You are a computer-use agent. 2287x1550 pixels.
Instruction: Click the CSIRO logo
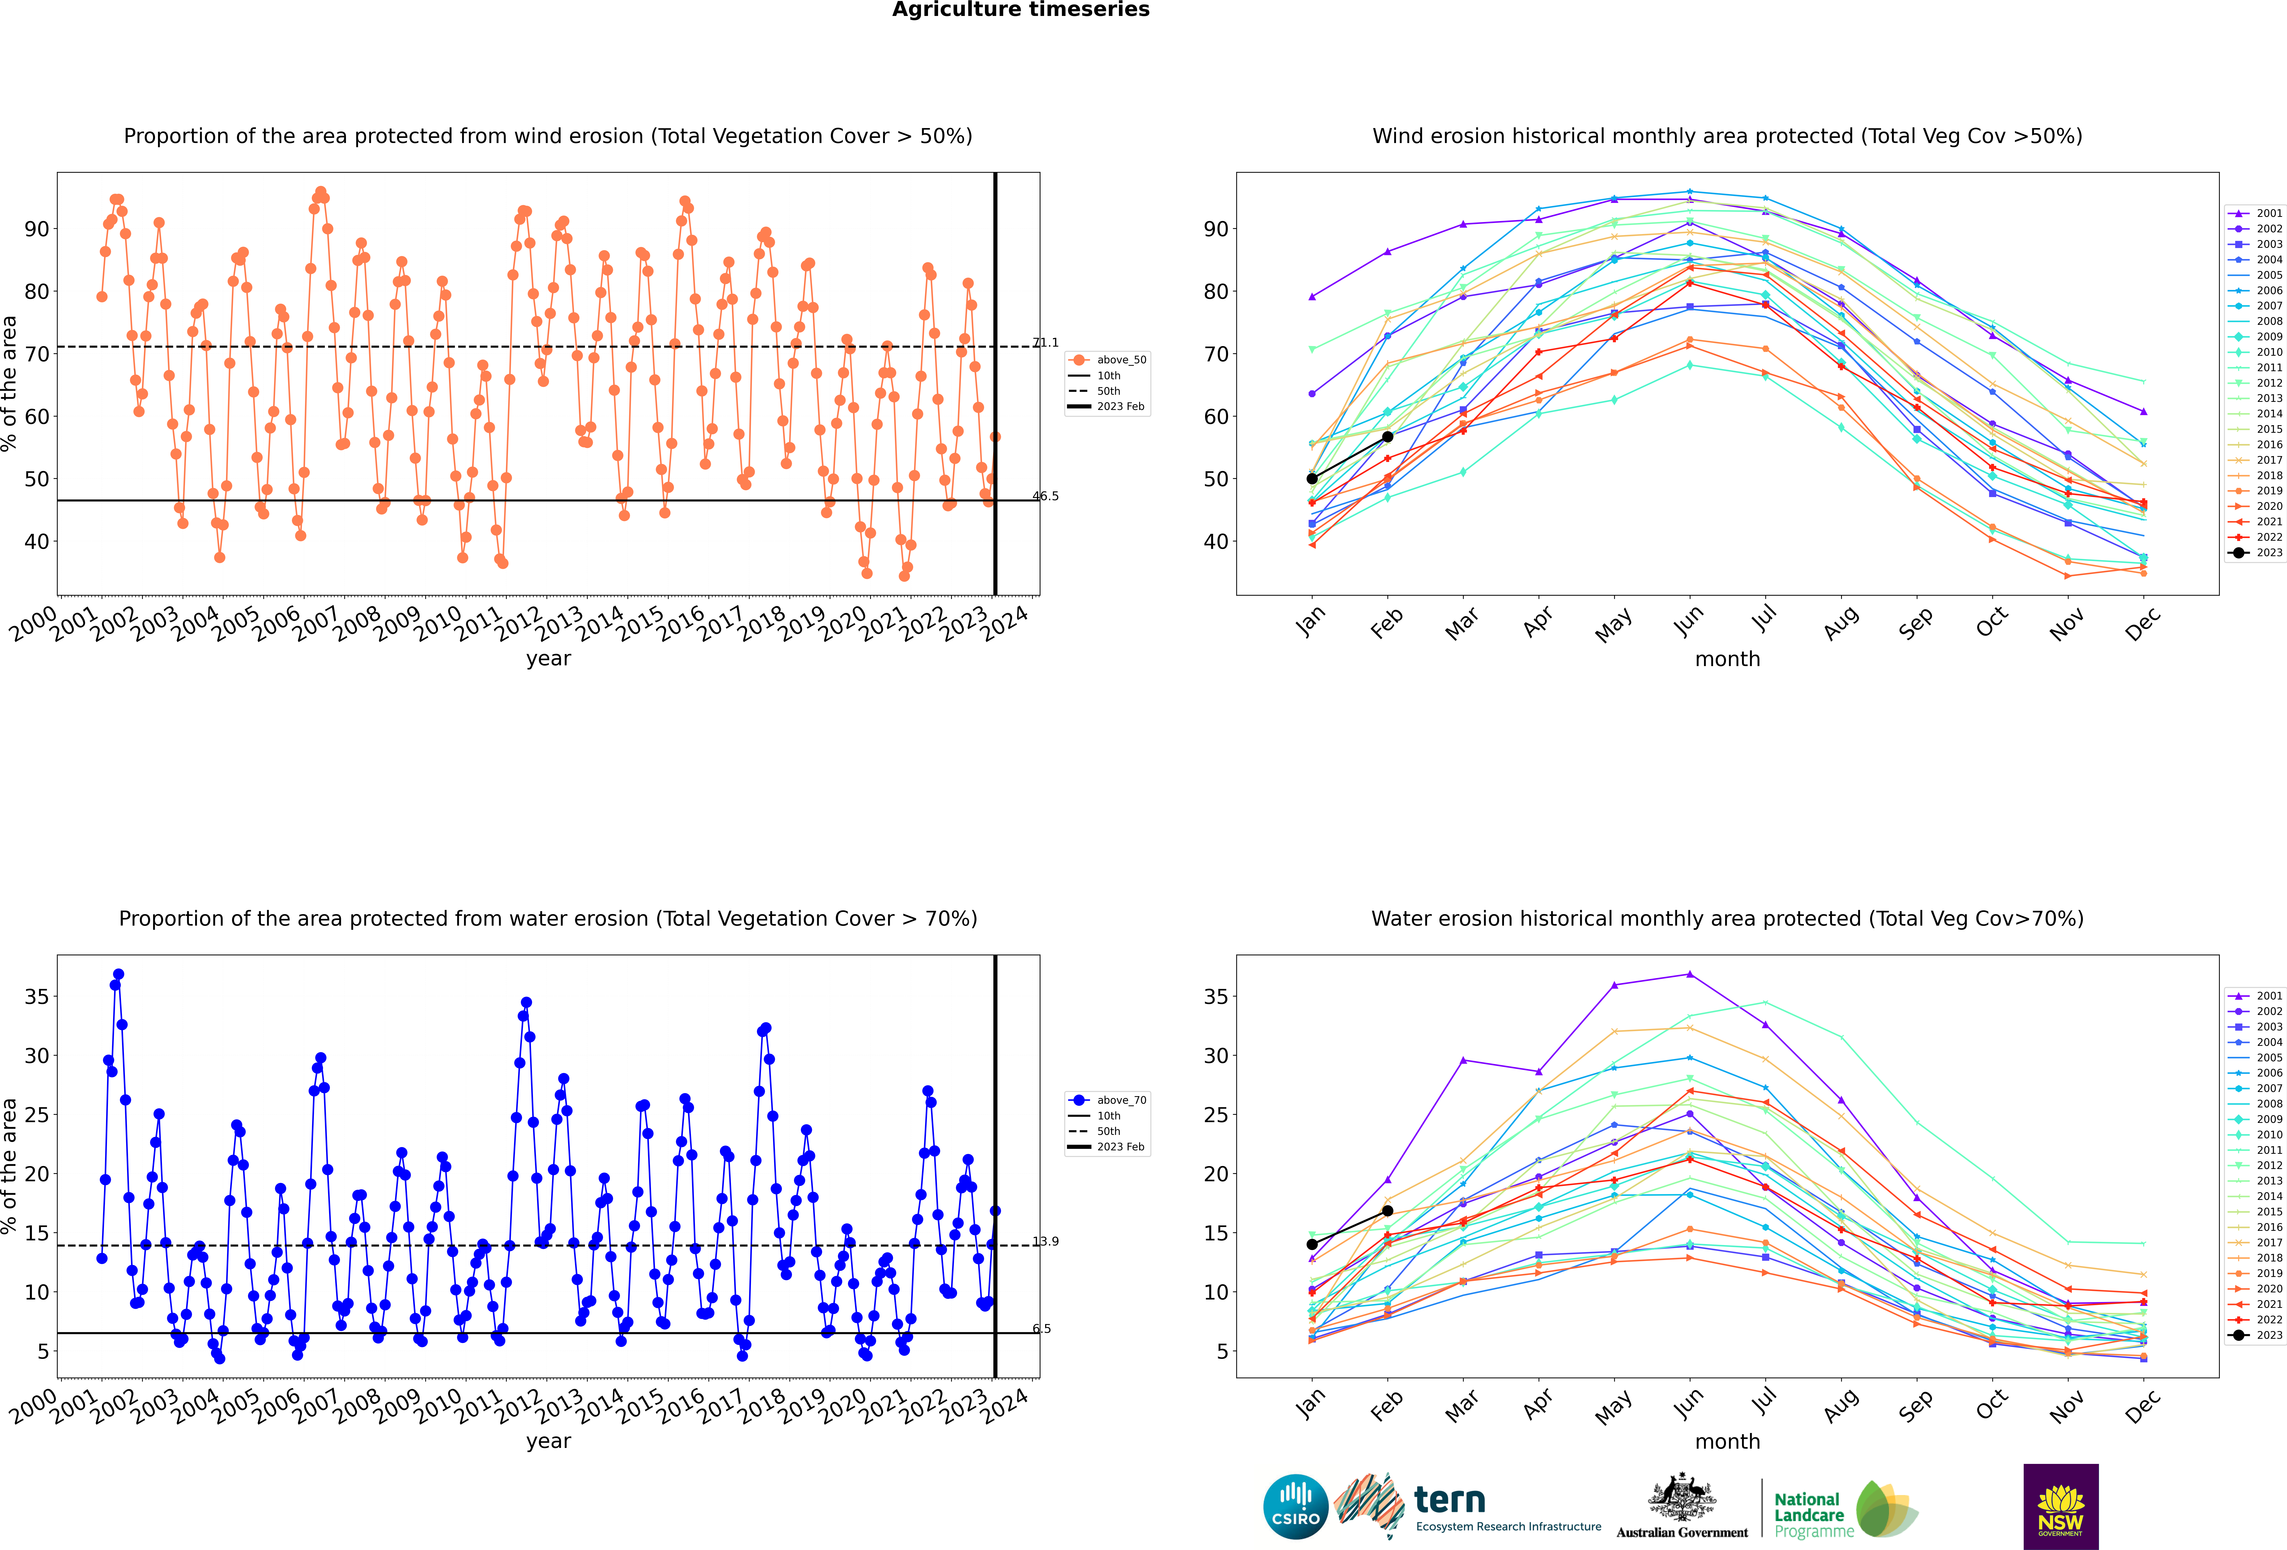coord(1296,1507)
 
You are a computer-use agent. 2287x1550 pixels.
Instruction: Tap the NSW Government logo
coord(2061,1507)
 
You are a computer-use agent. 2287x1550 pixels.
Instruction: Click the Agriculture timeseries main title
coord(1021,10)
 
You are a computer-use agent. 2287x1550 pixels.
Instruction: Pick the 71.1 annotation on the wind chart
coord(1045,342)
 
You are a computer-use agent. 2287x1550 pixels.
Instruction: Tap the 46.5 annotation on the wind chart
coord(1045,496)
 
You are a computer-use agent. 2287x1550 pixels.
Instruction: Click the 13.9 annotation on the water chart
coord(1045,1241)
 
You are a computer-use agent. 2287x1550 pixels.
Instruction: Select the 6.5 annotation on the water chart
coord(1041,1328)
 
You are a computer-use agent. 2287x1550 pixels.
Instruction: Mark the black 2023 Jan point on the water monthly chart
coord(1312,1244)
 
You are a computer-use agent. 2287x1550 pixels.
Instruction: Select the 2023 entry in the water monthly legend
coord(2256,1336)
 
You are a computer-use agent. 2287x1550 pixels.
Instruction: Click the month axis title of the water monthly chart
coord(1727,1442)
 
